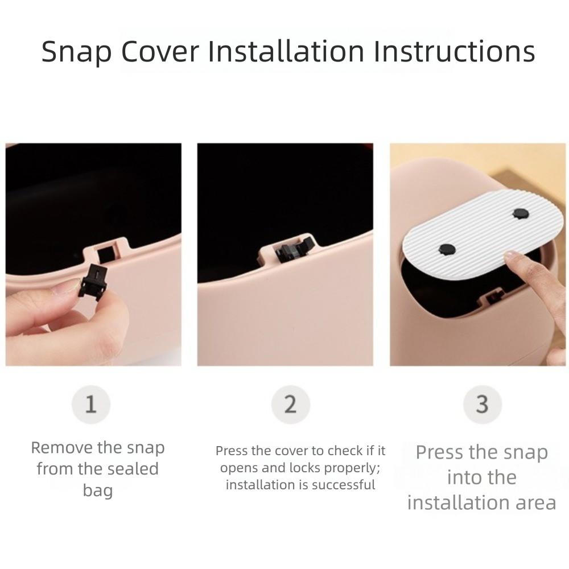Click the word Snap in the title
tap(76, 52)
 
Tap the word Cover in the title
tap(160, 51)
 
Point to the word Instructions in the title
tap(454, 51)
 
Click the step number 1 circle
tap(90, 404)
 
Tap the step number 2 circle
tap(290, 404)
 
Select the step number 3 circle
tap(483, 404)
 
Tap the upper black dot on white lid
tap(521, 214)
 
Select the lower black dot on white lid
tap(447, 249)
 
